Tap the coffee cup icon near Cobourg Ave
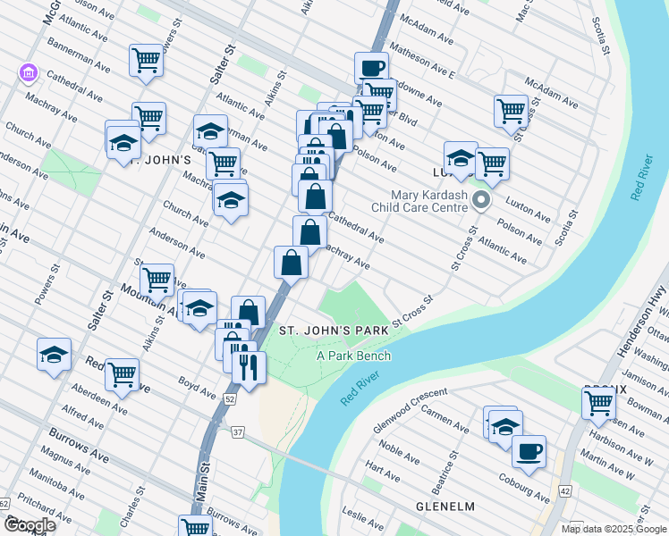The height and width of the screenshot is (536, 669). coord(529,451)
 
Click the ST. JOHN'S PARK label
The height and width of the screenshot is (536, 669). coord(334,331)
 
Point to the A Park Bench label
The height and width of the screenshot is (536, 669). coord(353,356)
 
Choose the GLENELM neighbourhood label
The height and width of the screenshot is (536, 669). coord(445,507)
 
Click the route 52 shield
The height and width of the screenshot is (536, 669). coord(230,399)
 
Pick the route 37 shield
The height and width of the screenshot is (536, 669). coord(238,433)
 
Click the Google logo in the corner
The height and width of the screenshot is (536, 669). coord(30,525)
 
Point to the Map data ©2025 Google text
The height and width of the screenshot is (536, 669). coord(614,529)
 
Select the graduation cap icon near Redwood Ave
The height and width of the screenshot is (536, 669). coord(54,355)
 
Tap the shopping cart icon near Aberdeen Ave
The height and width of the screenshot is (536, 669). coord(122,374)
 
